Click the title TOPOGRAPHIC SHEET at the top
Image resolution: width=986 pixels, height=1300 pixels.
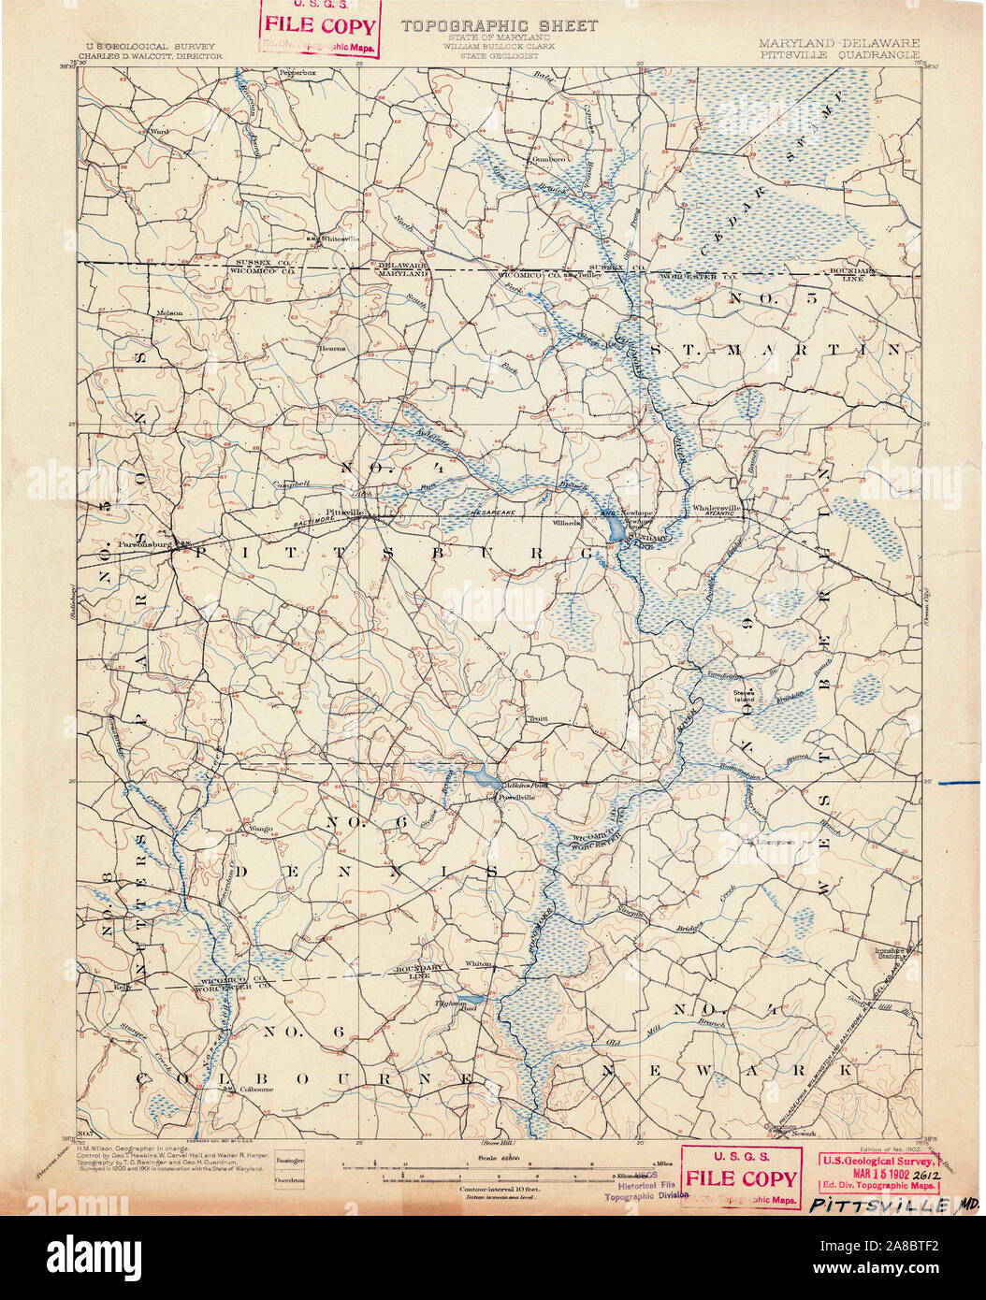[x=499, y=26]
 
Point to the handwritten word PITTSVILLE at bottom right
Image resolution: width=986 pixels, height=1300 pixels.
[x=879, y=1205]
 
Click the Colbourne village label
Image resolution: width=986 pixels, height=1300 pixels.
[x=255, y=1089]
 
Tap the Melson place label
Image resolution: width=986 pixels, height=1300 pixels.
[x=169, y=312]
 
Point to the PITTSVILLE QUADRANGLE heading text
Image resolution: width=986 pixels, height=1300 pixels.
[x=838, y=55]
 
